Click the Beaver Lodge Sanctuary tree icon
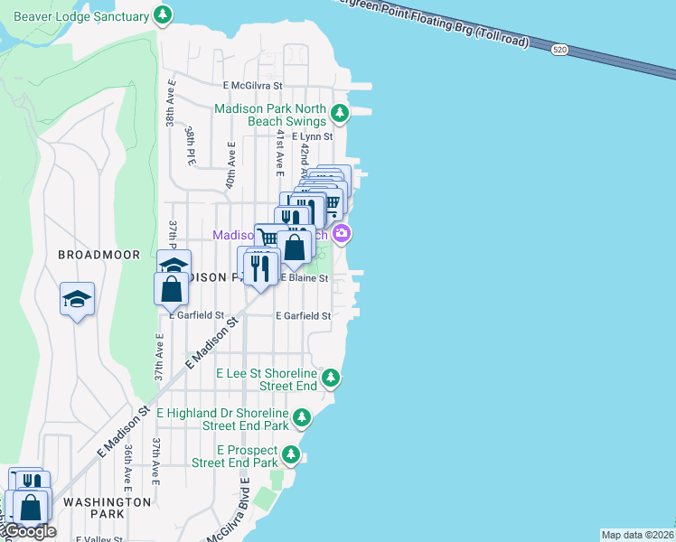click(163, 15)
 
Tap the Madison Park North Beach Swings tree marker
click(339, 114)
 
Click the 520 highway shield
click(561, 51)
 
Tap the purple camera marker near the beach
click(342, 235)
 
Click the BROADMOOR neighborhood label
click(99, 255)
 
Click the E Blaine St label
click(304, 279)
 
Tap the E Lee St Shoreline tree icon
click(333, 376)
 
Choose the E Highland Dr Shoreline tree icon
click(302, 417)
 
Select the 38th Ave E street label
click(169, 101)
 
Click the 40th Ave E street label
click(230, 165)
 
